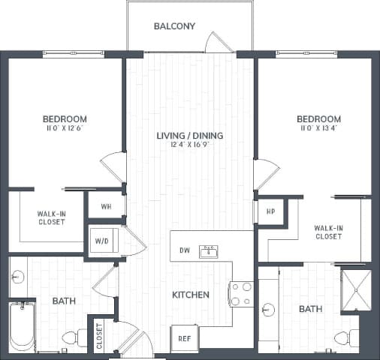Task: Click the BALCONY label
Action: pyautogui.click(x=174, y=26)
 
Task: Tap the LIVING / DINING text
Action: pyautogui.click(x=190, y=136)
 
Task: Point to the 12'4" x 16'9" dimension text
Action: pyautogui.click(x=190, y=145)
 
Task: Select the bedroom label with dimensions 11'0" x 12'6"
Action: pyautogui.click(x=65, y=119)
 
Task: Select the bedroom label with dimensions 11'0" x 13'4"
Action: pyautogui.click(x=318, y=119)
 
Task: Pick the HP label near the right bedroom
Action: pyautogui.click(x=271, y=211)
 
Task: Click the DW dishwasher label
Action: pyautogui.click(x=184, y=250)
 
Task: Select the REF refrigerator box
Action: pyautogui.click(x=184, y=338)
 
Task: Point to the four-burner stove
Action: pyautogui.click(x=243, y=293)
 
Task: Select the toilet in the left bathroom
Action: pyautogui.click(x=74, y=339)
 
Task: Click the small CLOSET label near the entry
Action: pyautogui.click(x=99, y=336)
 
